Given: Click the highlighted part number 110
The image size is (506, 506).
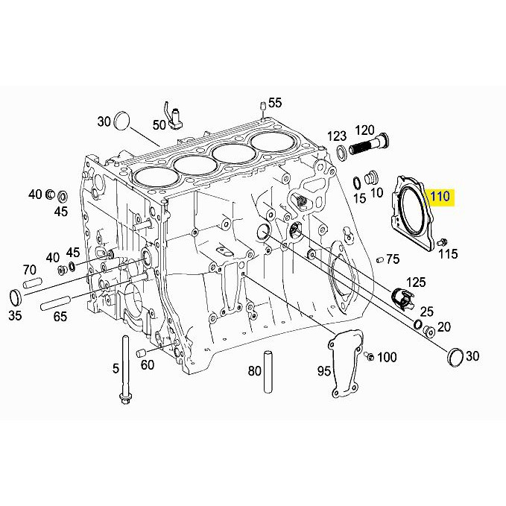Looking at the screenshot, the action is (x=440, y=196).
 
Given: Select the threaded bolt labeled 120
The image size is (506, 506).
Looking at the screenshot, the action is (x=369, y=146).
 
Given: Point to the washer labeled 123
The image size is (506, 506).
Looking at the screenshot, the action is (x=341, y=151).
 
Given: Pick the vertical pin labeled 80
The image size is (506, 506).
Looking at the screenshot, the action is (x=268, y=372).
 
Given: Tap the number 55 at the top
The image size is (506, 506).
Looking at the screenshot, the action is (x=275, y=103).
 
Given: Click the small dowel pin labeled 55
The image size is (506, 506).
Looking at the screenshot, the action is (x=262, y=107).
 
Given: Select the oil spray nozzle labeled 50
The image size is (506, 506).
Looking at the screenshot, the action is (x=174, y=117).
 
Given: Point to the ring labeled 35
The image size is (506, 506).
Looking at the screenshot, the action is (x=15, y=297).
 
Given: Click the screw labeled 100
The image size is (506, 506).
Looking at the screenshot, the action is (x=369, y=356).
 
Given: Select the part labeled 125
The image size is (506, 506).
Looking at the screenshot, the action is (x=402, y=297).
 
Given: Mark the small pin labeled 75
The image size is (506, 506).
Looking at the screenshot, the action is (x=380, y=259).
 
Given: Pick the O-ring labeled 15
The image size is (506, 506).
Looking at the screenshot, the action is (x=357, y=183).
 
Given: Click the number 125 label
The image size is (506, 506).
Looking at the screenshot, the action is (x=416, y=282).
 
